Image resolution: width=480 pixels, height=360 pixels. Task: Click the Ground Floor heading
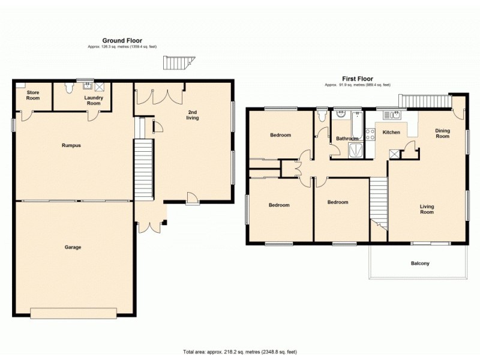(122, 41)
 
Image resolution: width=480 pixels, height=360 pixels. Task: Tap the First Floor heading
(357, 79)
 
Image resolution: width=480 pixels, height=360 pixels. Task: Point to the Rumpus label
(71, 145)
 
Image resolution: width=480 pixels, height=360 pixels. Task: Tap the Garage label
(73, 247)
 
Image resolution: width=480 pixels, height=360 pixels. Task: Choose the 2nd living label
(193, 115)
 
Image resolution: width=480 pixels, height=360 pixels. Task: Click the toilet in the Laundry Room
(69, 88)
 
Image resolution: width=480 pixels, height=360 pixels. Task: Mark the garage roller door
(73, 313)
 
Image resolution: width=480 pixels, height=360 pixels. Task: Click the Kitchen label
(391, 132)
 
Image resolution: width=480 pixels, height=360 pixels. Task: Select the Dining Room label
(442, 133)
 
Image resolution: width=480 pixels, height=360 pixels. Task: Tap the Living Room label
(427, 209)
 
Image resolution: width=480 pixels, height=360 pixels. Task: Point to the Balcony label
(420, 263)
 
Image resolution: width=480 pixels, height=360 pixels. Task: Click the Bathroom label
(347, 139)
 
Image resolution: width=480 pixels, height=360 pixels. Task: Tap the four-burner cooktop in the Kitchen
(370, 133)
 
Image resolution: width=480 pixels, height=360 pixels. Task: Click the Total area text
(240, 352)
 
